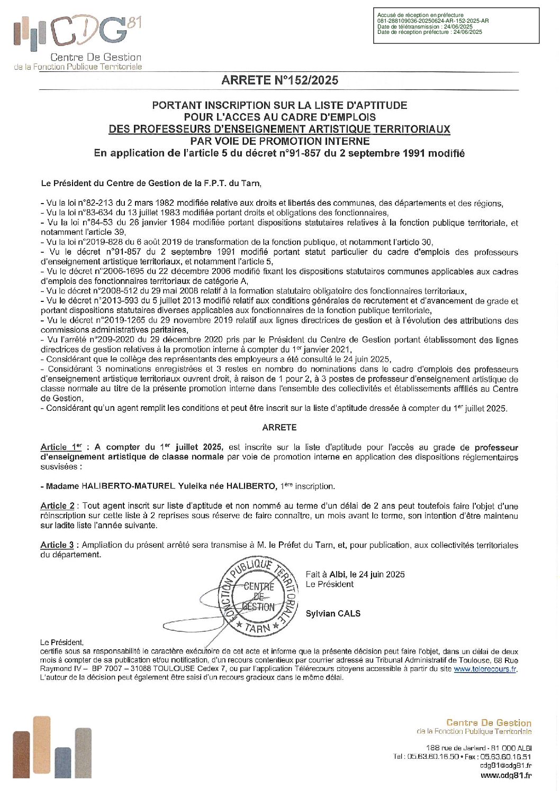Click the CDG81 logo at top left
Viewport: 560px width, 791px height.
pos(77,42)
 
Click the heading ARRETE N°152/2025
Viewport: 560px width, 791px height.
pos(279,80)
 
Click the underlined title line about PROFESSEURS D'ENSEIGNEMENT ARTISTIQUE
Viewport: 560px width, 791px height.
pos(279,129)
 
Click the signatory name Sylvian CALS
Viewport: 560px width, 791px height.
pos(333,613)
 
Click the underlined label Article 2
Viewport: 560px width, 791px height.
pos(57,505)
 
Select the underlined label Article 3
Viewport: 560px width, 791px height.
pos(57,545)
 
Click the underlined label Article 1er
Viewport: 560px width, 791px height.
pos(61,447)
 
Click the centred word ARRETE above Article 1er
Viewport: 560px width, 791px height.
pos(279,427)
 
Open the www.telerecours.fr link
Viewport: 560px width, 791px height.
pos(485,669)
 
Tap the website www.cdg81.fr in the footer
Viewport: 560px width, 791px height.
pos(505,775)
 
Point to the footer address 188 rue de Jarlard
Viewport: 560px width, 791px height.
pos(478,748)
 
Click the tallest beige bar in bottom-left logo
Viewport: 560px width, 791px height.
pos(41,747)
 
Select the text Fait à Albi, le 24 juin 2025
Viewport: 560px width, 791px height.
pos(355,574)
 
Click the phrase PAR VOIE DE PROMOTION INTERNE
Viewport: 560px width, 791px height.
pos(279,141)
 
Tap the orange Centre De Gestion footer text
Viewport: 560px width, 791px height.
pos(488,722)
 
